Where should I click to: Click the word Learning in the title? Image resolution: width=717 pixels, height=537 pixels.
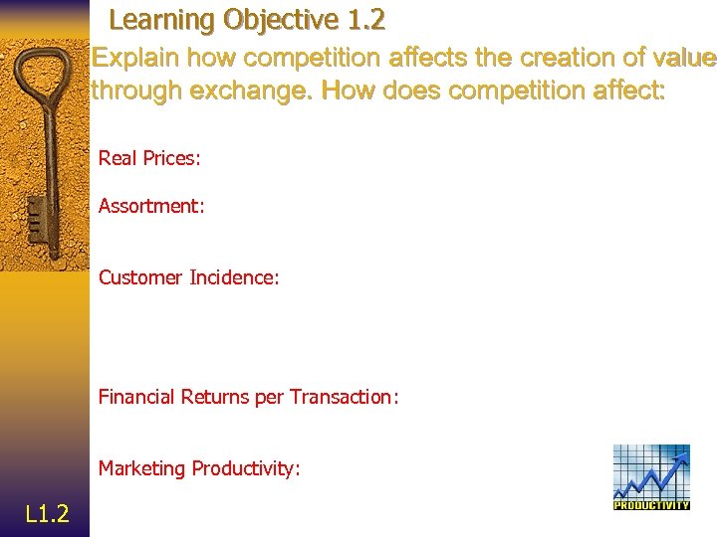tap(162, 20)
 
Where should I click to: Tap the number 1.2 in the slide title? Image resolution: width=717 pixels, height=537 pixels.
tap(362, 20)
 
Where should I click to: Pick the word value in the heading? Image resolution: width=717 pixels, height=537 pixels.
tap(683, 59)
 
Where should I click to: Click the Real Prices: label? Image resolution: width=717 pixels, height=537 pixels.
tap(149, 158)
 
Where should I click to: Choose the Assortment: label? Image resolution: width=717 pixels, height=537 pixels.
tap(151, 206)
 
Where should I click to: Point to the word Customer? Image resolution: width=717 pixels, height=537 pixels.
tap(140, 277)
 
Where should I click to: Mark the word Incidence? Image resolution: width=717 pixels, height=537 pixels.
tap(234, 277)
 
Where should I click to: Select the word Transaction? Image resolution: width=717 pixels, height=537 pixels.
tap(344, 397)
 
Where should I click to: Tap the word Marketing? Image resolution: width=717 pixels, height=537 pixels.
tap(141, 468)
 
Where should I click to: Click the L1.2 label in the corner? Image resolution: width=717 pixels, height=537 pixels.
tap(47, 513)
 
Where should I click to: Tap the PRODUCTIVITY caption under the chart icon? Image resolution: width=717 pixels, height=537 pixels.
tap(651, 505)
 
